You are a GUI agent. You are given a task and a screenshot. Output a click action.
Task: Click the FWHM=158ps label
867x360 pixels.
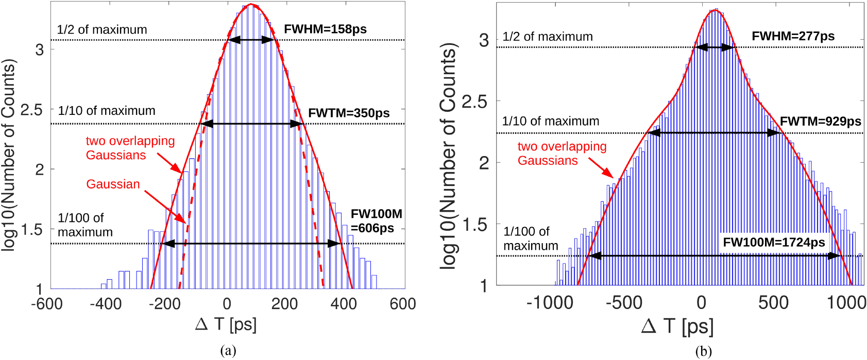325,29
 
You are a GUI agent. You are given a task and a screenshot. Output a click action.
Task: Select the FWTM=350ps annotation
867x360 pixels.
349,113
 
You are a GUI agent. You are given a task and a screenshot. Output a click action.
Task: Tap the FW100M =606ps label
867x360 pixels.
376,221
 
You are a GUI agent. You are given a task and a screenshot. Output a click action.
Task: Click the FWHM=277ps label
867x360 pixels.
793,37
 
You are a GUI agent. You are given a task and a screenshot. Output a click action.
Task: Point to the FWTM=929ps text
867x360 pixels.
820,122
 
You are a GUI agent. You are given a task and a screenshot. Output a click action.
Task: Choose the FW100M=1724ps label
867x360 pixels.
774,243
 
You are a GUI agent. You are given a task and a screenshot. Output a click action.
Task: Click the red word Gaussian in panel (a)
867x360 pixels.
113,184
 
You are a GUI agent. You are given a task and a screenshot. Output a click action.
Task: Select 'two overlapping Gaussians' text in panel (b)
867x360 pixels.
562,153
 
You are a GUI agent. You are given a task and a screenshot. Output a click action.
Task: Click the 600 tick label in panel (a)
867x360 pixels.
402,304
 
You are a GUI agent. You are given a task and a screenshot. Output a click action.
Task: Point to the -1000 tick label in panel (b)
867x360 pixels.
549,303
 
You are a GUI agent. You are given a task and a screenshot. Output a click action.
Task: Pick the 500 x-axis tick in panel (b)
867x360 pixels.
773,303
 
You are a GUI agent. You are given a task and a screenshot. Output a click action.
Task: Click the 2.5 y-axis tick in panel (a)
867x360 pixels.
31,110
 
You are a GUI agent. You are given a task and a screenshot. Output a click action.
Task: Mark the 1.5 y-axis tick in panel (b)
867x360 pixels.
475,225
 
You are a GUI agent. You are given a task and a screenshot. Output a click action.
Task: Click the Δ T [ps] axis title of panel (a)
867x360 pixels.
226,324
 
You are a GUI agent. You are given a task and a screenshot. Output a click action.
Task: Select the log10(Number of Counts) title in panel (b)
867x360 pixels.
448,156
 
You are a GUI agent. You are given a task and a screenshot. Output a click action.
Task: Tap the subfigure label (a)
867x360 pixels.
228,351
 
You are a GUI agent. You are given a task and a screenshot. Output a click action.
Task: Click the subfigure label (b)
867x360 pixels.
703,351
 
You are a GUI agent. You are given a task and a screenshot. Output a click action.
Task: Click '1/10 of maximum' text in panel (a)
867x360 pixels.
107,111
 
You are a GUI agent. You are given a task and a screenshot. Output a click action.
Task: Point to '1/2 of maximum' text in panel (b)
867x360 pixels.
547,37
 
